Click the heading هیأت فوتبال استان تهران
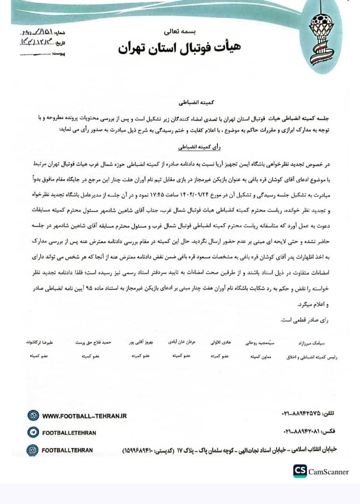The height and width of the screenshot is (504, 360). [x=180, y=48]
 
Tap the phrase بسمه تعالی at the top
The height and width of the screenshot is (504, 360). [x=180, y=32]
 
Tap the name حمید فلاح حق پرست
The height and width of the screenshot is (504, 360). [x=93, y=342]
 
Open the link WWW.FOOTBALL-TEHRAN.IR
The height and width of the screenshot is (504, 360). [x=84, y=415]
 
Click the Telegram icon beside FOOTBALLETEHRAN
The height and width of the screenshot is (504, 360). [x=33, y=433]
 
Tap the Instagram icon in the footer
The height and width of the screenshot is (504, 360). [x=33, y=450]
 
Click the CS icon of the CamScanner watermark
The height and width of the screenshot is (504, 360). [x=300, y=471]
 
